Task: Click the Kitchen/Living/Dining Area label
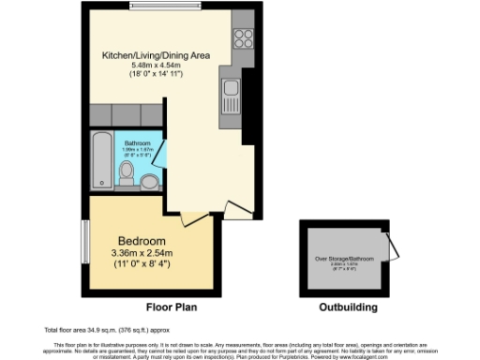[x=157, y=55]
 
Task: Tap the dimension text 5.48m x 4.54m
[x=157, y=65]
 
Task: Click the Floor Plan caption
[x=171, y=307]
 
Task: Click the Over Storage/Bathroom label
[x=344, y=258]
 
